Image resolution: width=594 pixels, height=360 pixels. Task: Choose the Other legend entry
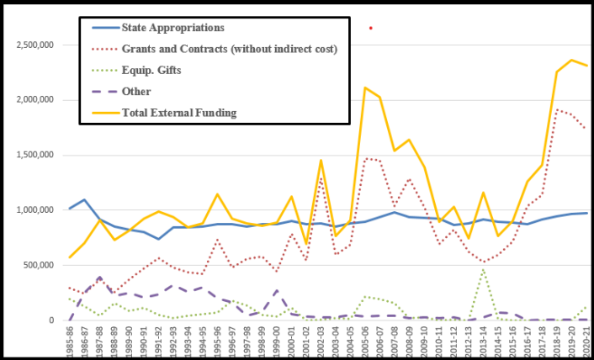click(135, 92)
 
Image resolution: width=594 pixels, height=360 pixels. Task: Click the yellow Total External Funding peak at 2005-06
click(365, 87)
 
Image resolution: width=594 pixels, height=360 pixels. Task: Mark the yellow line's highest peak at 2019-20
click(572, 60)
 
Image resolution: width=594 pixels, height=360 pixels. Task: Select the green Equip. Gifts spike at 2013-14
click(484, 269)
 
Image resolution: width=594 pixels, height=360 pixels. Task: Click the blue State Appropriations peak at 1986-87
click(85, 200)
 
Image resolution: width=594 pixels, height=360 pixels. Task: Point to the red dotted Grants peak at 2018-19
click(557, 109)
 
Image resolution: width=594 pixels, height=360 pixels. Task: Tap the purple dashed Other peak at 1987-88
click(99, 277)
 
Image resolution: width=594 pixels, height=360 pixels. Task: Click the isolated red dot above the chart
click(370, 28)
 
